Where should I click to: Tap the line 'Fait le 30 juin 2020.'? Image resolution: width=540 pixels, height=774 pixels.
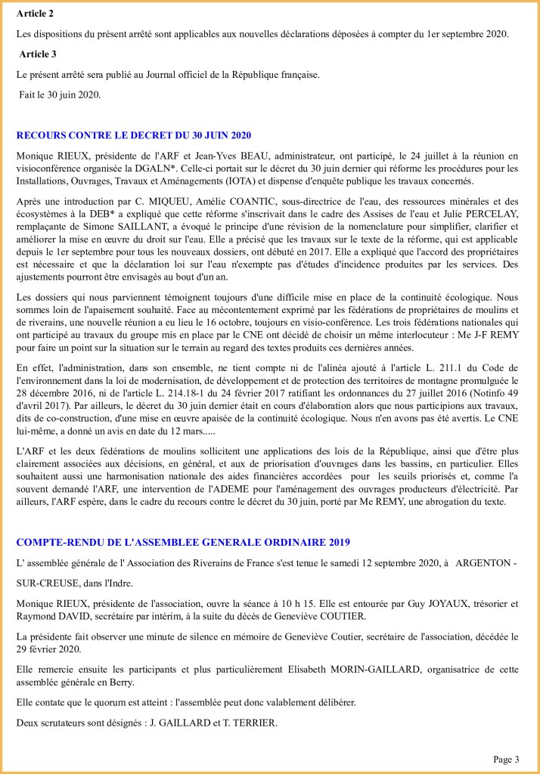(x=60, y=94)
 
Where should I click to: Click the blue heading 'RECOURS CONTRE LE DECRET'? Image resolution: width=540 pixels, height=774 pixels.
(x=133, y=135)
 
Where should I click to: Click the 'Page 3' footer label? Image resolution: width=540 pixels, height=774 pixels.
(x=507, y=759)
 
